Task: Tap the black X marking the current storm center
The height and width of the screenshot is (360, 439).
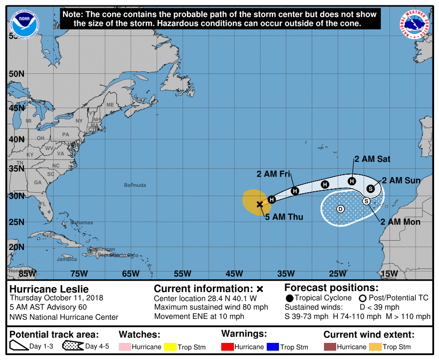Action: (260, 204)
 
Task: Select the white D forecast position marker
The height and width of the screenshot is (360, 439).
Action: (341, 209)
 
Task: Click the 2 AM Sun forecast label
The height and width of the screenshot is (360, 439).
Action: (401, 180)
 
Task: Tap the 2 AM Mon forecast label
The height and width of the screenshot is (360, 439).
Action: (400, 222)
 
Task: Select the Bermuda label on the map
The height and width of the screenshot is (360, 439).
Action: (135, 185)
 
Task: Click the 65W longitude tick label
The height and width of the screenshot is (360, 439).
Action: (131, 273)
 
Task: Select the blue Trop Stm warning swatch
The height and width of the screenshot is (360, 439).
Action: (272, 347)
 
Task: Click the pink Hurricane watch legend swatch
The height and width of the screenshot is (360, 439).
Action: (125, 347)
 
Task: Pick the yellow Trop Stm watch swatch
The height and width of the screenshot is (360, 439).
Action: (170, 347)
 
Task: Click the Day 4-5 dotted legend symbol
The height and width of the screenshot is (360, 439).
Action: (72, 346)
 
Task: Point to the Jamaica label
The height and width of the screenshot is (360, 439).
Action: (67, 259)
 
